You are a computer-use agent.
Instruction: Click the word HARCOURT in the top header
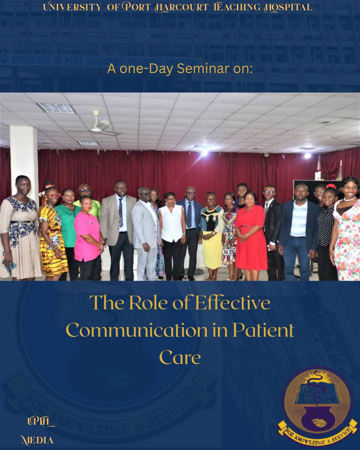click(x=181, y=8)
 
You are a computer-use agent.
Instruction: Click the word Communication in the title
click(x=137, y=330)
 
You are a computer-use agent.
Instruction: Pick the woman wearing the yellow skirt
click(x=211, y=236)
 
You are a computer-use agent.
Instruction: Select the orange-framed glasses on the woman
click(x=53, y=195)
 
